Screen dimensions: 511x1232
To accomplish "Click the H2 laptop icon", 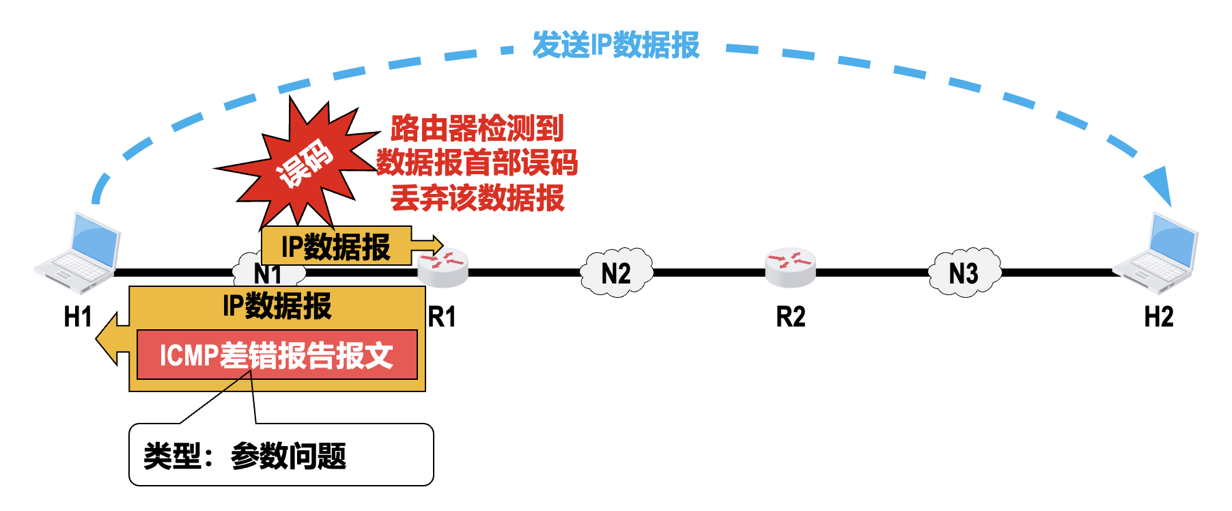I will pos(1156,253).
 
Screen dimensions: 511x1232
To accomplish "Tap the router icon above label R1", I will pos(443,267).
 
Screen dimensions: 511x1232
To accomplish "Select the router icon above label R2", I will pos(790,267).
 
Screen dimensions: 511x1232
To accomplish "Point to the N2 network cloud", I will pos(616,273).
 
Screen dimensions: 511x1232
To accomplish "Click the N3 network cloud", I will pos(964,273).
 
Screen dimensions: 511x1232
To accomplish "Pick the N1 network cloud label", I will pos(268,275).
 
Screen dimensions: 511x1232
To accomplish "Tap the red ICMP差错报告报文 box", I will pos(277,355).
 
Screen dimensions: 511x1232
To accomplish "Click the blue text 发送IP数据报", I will pos(616,45).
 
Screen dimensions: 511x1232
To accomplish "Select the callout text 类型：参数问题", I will pos(245,456).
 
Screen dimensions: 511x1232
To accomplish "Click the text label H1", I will pos(77,317).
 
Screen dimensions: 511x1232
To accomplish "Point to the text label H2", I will pos(1158,317).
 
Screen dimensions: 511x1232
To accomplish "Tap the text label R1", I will pos(442,317).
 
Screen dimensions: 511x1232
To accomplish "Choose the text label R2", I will pos(790,317).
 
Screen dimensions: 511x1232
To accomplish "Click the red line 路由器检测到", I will pos(477,128).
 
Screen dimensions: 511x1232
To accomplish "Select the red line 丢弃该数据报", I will pos(477,198).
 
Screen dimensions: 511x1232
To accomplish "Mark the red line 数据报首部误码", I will pos(477,163).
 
